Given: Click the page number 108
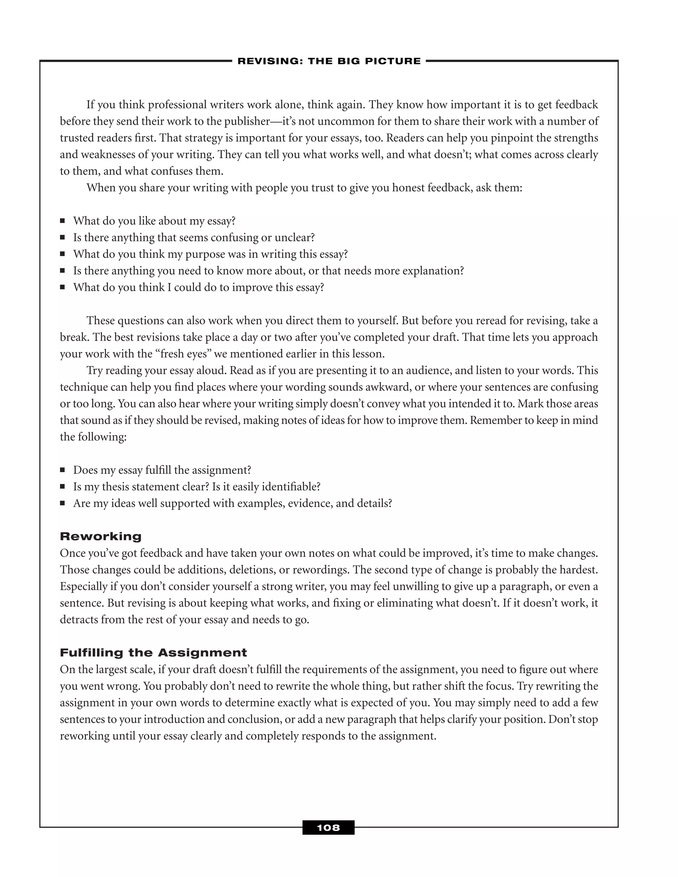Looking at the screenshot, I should (328, 828).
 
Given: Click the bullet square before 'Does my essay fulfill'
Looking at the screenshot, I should (62, 470).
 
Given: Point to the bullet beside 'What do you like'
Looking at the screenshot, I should (62, 221).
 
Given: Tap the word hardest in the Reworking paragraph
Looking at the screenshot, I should (579, 570).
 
